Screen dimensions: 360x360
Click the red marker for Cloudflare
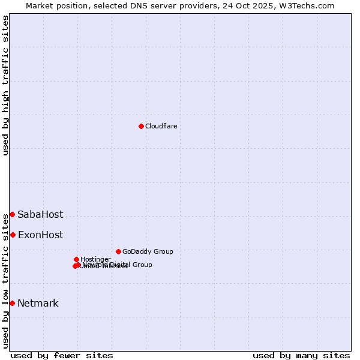tap(141, 126)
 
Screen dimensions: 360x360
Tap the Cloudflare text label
tap(161, 126)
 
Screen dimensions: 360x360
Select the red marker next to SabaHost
tap(12, 214)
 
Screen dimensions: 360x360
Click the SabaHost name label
tap(40, 215)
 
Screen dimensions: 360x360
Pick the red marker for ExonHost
tap(13, 235)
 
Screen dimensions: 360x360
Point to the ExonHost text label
tap(40, 235)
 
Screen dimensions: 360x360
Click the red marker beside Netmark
tap(12, 303)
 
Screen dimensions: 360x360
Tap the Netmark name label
tap(38, 304)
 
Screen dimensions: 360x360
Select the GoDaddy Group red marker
tap(118, 251)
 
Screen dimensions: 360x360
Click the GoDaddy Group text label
tap(148, 251)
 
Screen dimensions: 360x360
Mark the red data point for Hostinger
tap(76, 259)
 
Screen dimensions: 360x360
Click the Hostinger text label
tap(95, 259)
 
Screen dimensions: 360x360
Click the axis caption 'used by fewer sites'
tap(62, 355)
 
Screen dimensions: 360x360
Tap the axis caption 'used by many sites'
tap(301, 355)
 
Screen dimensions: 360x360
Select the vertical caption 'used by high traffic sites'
tap(6, 85)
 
